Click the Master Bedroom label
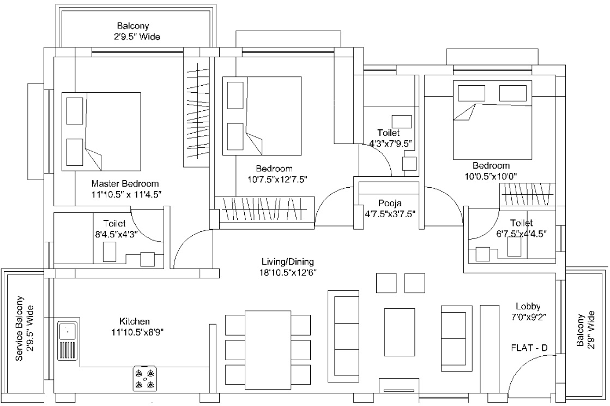point(125,183)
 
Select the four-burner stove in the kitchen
point(144,378)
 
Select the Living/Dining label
point(287,261)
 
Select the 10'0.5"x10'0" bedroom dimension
point(491,176)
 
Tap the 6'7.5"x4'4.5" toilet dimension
point(521,233)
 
